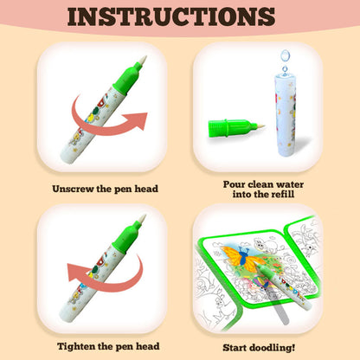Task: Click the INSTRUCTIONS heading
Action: pos(171,16)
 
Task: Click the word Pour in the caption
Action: pos(234,184)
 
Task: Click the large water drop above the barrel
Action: pos(285,55)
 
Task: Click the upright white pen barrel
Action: pos(286,115)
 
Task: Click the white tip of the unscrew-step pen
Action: pos(143,61)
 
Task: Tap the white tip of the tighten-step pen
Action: pos(142,219)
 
